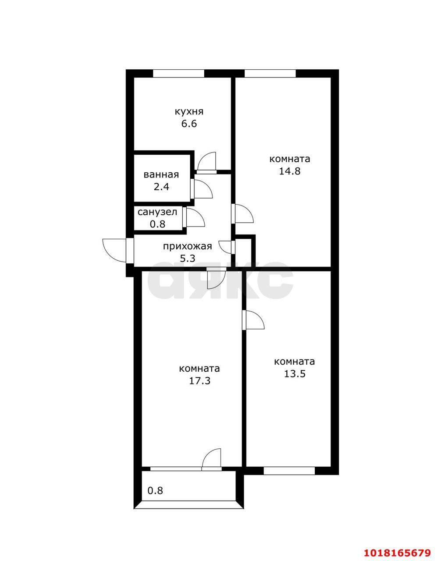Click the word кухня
189,111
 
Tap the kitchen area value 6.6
189,124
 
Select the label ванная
161,175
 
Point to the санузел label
157,212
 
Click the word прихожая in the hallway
188,247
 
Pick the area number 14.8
290,171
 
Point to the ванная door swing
203,189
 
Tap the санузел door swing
196,218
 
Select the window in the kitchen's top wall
179,73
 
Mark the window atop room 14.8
270,73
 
